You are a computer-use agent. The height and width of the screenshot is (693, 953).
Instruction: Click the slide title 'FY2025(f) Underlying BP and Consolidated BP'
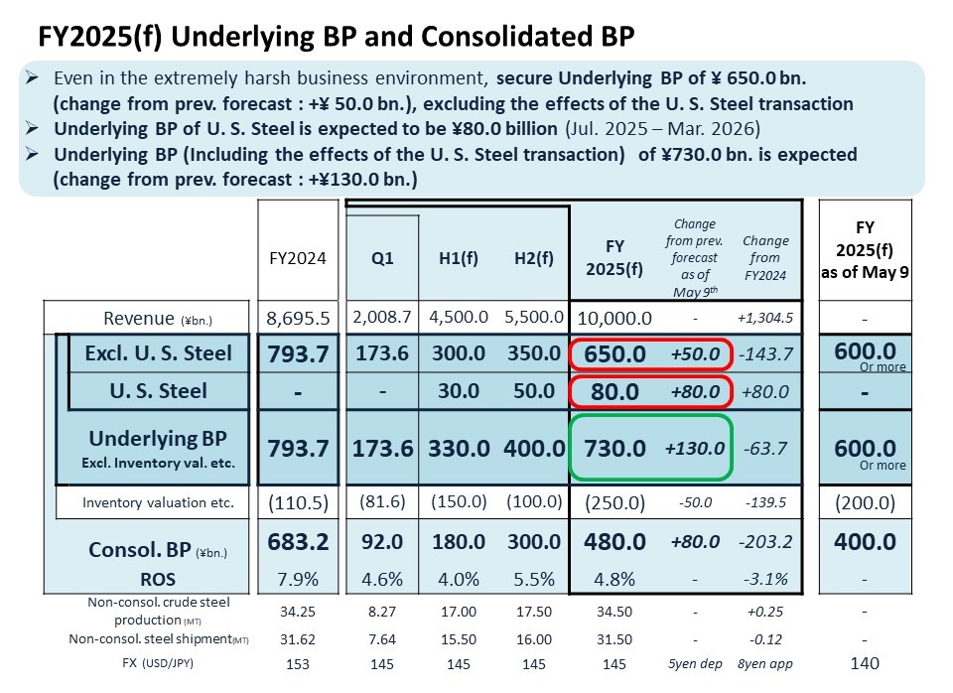coord(336,37)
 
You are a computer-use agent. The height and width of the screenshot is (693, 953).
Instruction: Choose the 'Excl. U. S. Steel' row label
coord(158,353)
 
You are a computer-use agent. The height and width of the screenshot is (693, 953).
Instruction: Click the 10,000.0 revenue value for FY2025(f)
coord(614,318)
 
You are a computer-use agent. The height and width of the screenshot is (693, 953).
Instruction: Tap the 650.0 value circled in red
coord(614,354)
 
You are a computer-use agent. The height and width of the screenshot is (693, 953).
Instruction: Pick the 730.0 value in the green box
coord(614,448)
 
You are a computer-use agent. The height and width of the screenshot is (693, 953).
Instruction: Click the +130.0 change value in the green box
coord(695,449)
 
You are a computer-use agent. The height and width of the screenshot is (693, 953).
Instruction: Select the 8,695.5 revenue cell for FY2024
coord(298,318)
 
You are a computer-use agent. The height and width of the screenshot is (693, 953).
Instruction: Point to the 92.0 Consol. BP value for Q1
coord(382,542)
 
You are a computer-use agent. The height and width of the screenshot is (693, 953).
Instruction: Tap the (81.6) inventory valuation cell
coord(382,502)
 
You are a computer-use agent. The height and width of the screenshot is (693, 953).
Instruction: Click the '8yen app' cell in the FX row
coord(765,663)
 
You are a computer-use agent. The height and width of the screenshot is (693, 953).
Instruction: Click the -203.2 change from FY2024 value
coord(765,543)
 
